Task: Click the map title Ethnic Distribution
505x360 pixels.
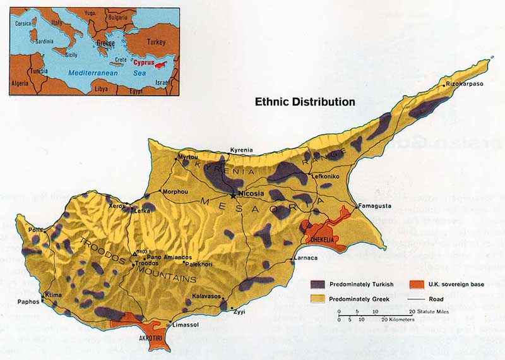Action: pyautogui.click(x=304, y=101)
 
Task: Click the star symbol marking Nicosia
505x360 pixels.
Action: pyautogui.click(x=235, y=194)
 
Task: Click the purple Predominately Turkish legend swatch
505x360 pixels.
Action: pyautogui.click(x=319, y=285)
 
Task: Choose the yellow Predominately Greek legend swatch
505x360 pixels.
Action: pyautogui.click(x=319, y=299)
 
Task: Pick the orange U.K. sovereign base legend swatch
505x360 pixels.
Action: pyautogui.click(x=417, y=285)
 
